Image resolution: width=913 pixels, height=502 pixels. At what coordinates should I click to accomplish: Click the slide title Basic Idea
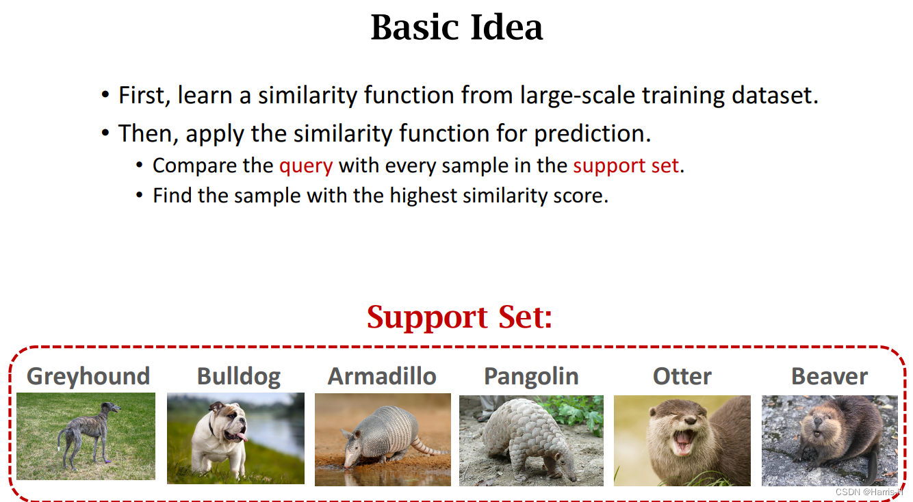click(456, 27)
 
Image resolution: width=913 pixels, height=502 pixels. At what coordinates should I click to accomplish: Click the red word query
click(306, 166)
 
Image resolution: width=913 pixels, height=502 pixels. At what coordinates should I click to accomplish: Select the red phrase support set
click(626, 166)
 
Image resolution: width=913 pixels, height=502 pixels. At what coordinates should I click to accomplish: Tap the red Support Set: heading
click(459, 317)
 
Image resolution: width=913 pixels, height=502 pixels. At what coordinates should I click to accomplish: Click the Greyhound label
click(88, 376)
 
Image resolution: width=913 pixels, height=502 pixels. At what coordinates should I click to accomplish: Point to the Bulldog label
click(239, 376)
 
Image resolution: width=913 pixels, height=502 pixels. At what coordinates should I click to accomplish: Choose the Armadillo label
click(382, 375)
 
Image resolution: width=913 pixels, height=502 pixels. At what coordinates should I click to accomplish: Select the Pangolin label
click(531, 377)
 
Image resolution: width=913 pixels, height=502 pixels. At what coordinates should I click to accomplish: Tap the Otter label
click(682, 376)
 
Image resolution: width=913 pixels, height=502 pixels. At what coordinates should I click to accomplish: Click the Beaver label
click(830, 376)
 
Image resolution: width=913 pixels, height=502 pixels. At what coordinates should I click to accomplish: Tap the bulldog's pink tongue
click(242, 437)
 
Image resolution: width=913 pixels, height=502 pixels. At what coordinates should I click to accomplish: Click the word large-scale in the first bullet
click(578, 95)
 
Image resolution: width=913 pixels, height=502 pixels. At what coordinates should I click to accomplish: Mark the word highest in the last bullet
click(423, 196)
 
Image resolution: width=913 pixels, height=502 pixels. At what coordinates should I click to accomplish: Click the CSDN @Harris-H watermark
click(868, 492)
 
